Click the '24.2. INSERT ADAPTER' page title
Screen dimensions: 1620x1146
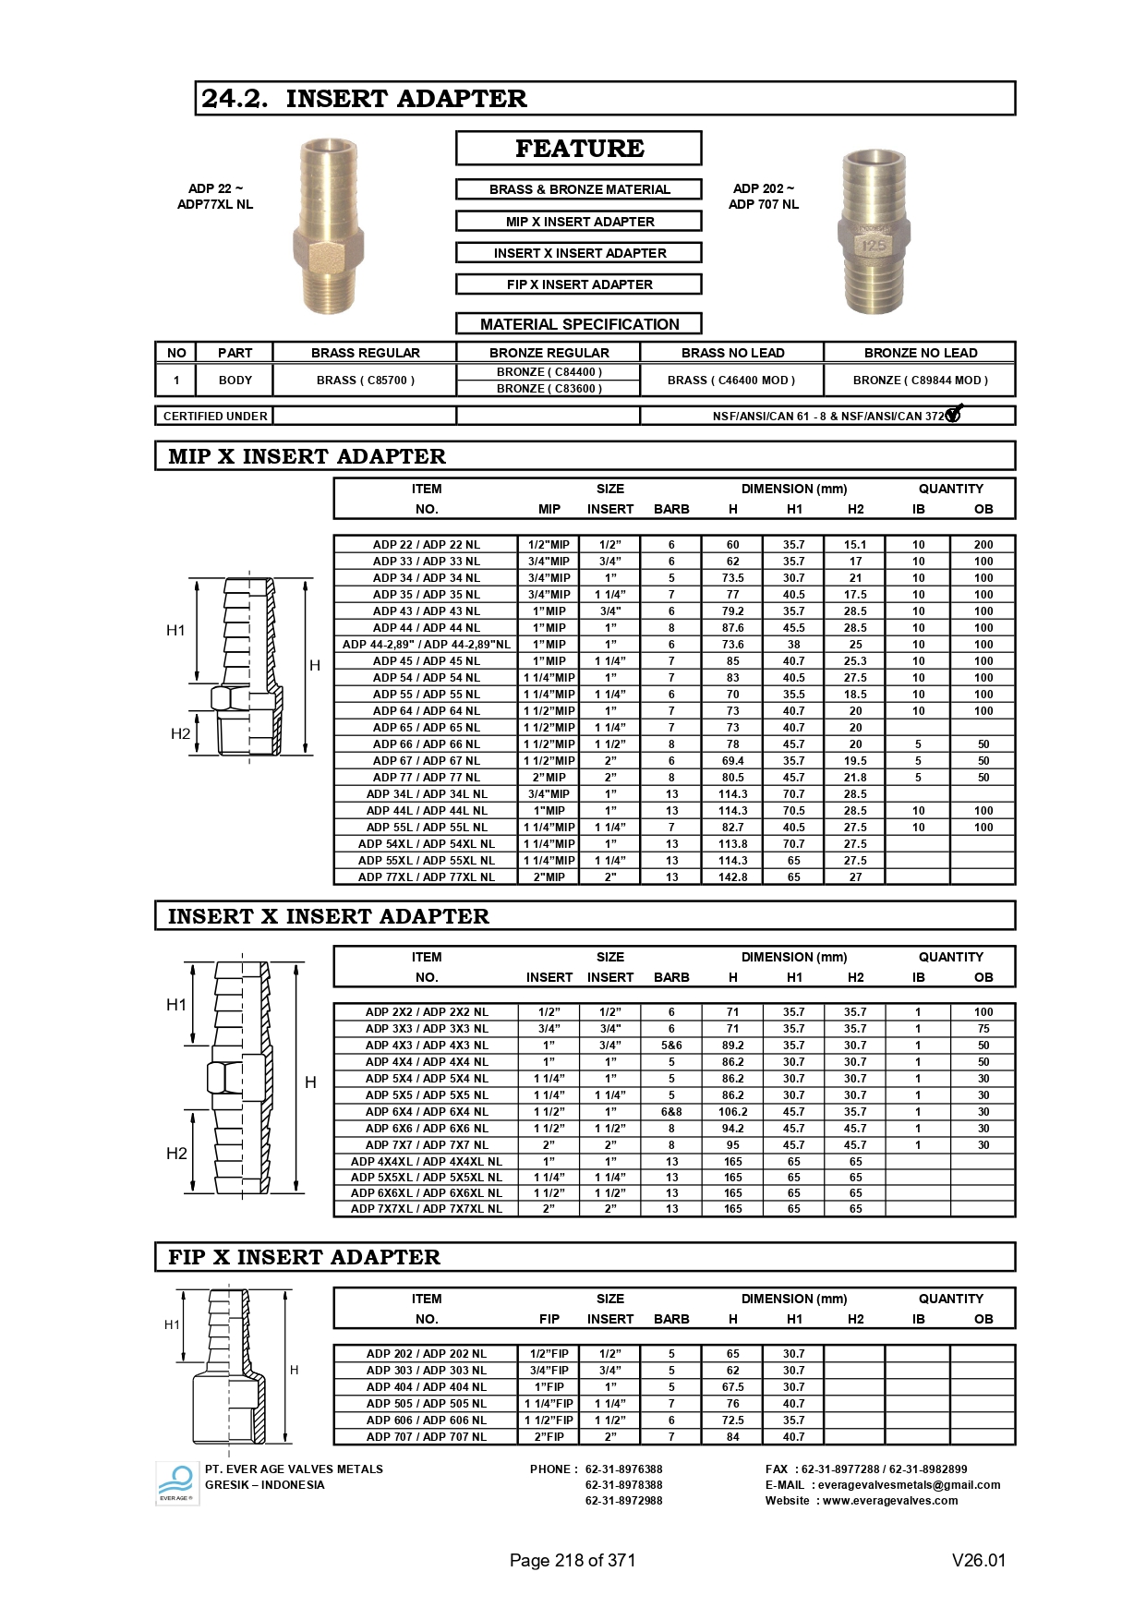pos(364,99)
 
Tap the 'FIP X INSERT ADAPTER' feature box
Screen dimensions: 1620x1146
pos(579,284)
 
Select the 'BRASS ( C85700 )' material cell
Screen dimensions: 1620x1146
pos(365,381)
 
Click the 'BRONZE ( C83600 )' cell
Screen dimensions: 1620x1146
pos(549,389)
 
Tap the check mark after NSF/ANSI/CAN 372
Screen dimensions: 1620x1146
pos(954,414)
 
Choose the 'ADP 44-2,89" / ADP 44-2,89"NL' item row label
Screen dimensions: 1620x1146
pos(426,645)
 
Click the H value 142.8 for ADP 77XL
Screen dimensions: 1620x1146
pos(732,877)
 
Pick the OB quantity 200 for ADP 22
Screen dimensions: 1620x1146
pos(983,545)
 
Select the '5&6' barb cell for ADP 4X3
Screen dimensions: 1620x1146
pos(671,1046)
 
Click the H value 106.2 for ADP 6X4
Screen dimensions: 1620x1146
pos(732,1112)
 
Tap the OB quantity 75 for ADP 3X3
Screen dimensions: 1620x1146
pos(983,1029)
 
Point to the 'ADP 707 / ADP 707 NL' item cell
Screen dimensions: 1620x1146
pos(426,1437)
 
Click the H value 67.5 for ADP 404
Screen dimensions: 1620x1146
pos(732,1387)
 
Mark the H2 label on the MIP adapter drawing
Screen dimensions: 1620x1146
pos(180,734)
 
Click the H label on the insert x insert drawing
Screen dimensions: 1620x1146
pos(310,1082)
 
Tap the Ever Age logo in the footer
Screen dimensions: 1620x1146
pos(176,1483)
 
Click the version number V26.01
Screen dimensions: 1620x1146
pos(978,1561)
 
